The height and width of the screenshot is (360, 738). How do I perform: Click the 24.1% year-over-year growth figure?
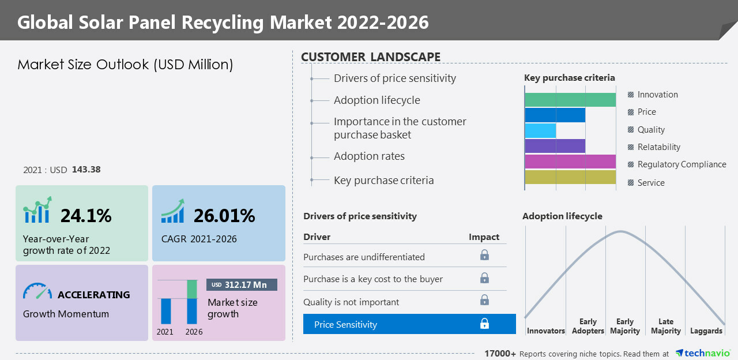tap(86, 216)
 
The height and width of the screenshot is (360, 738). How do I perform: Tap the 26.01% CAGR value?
tap(224, 216)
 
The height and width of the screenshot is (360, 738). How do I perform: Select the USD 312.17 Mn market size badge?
tap(242, 285)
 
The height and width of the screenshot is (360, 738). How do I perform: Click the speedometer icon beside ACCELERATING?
tap(37, 291)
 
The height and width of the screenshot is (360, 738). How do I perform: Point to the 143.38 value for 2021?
tap(86, 170)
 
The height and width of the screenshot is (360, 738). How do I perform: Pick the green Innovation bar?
tap(570, 100)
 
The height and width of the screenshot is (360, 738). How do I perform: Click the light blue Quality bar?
tap(541, 130)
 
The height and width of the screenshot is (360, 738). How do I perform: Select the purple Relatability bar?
tap(555, 146)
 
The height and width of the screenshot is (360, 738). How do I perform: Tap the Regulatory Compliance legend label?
tap(681, 164)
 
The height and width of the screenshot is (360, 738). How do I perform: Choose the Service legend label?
tap(651, 183)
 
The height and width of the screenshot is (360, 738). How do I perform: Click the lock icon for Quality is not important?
tap(485, 301)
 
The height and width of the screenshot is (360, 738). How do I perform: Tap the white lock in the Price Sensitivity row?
tap(485, 324)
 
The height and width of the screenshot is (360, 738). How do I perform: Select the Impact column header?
tap(484, 237)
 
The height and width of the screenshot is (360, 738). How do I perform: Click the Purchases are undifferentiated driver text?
tap(364, 257)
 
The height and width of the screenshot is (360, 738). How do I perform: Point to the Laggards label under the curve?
tap(706, 331)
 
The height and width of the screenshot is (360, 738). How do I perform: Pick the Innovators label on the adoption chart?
tap(546, 331)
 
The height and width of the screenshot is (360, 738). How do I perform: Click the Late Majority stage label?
tap(665, 327)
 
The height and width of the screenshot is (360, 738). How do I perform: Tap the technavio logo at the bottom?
tap(703, 353)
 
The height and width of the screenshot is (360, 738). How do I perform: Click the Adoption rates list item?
tap(369, 156)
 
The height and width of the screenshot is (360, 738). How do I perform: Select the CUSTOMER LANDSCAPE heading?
tap(371, 57)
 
